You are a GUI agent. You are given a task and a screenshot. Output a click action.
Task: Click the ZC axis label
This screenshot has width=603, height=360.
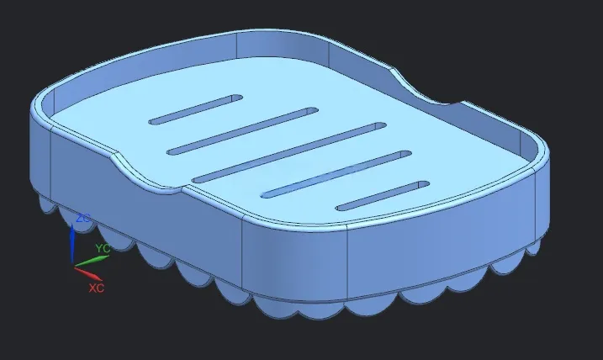(82, 218)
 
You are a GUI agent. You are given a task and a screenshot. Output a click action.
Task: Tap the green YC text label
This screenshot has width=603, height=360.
(103, 248)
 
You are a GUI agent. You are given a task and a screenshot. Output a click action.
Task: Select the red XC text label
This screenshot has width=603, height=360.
(96, 288)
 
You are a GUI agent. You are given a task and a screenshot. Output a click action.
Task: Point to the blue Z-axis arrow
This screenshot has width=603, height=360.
(72, 243)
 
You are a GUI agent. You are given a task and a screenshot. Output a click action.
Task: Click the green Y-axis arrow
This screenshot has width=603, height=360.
(92, 261)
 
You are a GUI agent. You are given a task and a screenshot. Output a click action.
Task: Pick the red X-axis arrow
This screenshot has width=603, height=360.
(88, 273)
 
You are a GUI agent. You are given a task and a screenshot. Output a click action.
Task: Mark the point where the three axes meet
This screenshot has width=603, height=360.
(73, 266)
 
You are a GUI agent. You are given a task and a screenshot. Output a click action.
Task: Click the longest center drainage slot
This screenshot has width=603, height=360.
(289, 153)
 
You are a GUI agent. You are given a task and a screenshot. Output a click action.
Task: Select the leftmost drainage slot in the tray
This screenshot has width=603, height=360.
(196, 109)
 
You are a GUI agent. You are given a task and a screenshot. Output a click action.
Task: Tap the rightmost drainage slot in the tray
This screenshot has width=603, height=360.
(383, 196)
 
